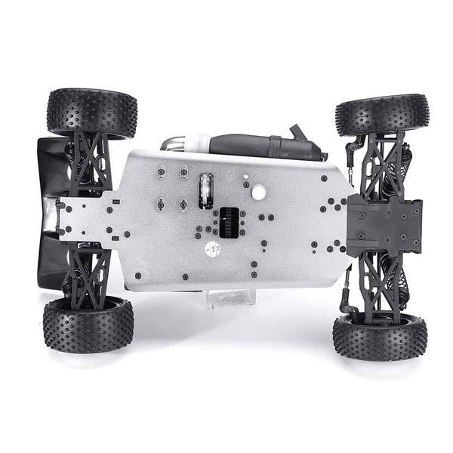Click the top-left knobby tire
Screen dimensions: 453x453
point(91,112)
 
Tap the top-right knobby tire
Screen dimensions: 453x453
point(382,113)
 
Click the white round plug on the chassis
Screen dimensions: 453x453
point(258,193)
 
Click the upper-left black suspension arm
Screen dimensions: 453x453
point(90,162)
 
